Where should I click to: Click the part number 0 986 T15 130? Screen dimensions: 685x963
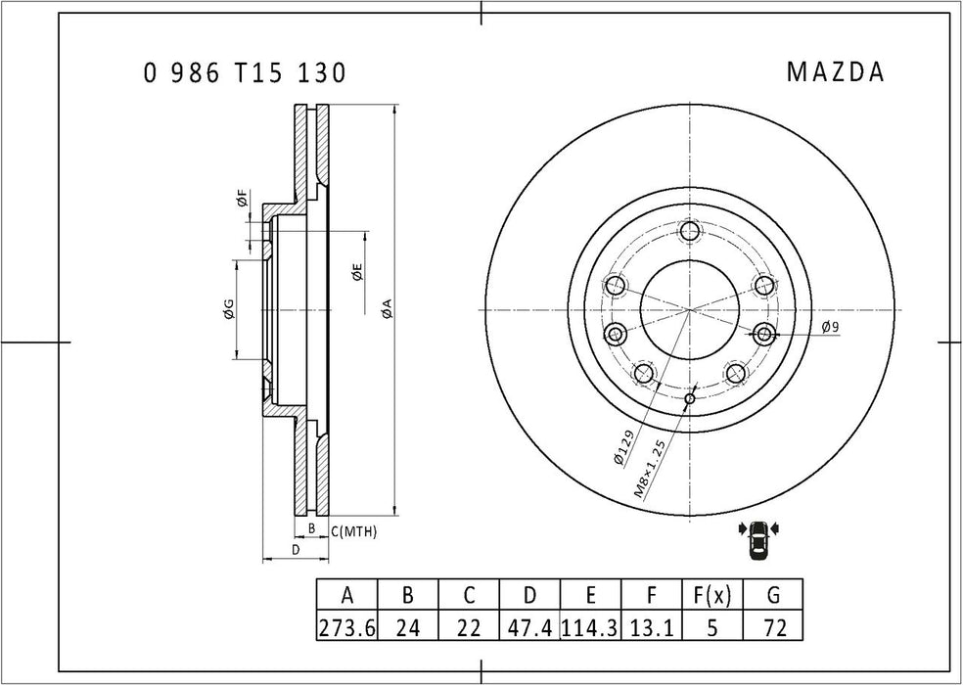pos(244,73)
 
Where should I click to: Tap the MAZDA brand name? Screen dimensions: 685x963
pos(835,73)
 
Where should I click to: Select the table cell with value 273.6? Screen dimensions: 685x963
pos(346,627)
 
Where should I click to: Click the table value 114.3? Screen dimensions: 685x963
pos(590,627)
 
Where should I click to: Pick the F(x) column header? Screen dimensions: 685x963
pos(712,595)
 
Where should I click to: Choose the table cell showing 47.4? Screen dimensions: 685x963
pos(529,627)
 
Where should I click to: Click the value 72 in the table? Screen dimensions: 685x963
pos(773,627)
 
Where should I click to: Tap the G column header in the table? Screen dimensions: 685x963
pos(773,595)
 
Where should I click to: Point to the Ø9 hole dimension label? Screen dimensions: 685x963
pos(829,327)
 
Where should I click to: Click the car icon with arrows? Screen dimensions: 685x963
pos(758,541)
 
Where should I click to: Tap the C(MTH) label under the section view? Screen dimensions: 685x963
pos(353,530)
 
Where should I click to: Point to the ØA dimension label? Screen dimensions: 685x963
pos(387,309)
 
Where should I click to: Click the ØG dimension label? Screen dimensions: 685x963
pos(227,310)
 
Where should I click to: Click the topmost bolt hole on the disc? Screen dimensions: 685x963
pos(690,232)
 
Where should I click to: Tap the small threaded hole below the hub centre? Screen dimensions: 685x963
pos(690,398)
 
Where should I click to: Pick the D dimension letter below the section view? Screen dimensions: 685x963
pos(295,550)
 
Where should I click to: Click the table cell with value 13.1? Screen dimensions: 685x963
pos(652,627)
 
